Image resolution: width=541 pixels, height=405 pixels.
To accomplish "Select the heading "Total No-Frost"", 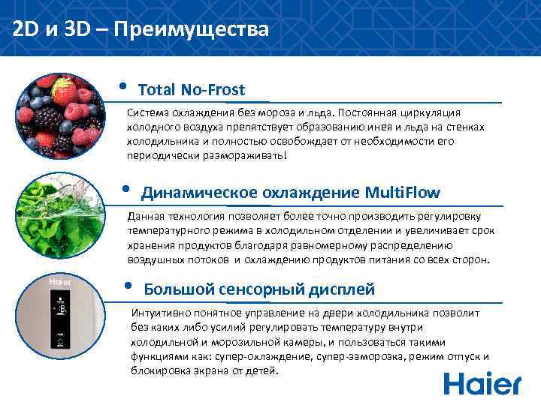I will point(192,90).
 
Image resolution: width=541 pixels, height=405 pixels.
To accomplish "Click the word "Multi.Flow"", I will point(402,193).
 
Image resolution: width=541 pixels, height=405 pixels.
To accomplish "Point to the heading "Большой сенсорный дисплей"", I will point(258,289).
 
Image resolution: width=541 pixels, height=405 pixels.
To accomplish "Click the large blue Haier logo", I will point(482,382).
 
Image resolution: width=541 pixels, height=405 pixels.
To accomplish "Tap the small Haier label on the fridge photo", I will point(59,282).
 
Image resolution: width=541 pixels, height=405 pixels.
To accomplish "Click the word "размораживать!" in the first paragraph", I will point(250,155).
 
